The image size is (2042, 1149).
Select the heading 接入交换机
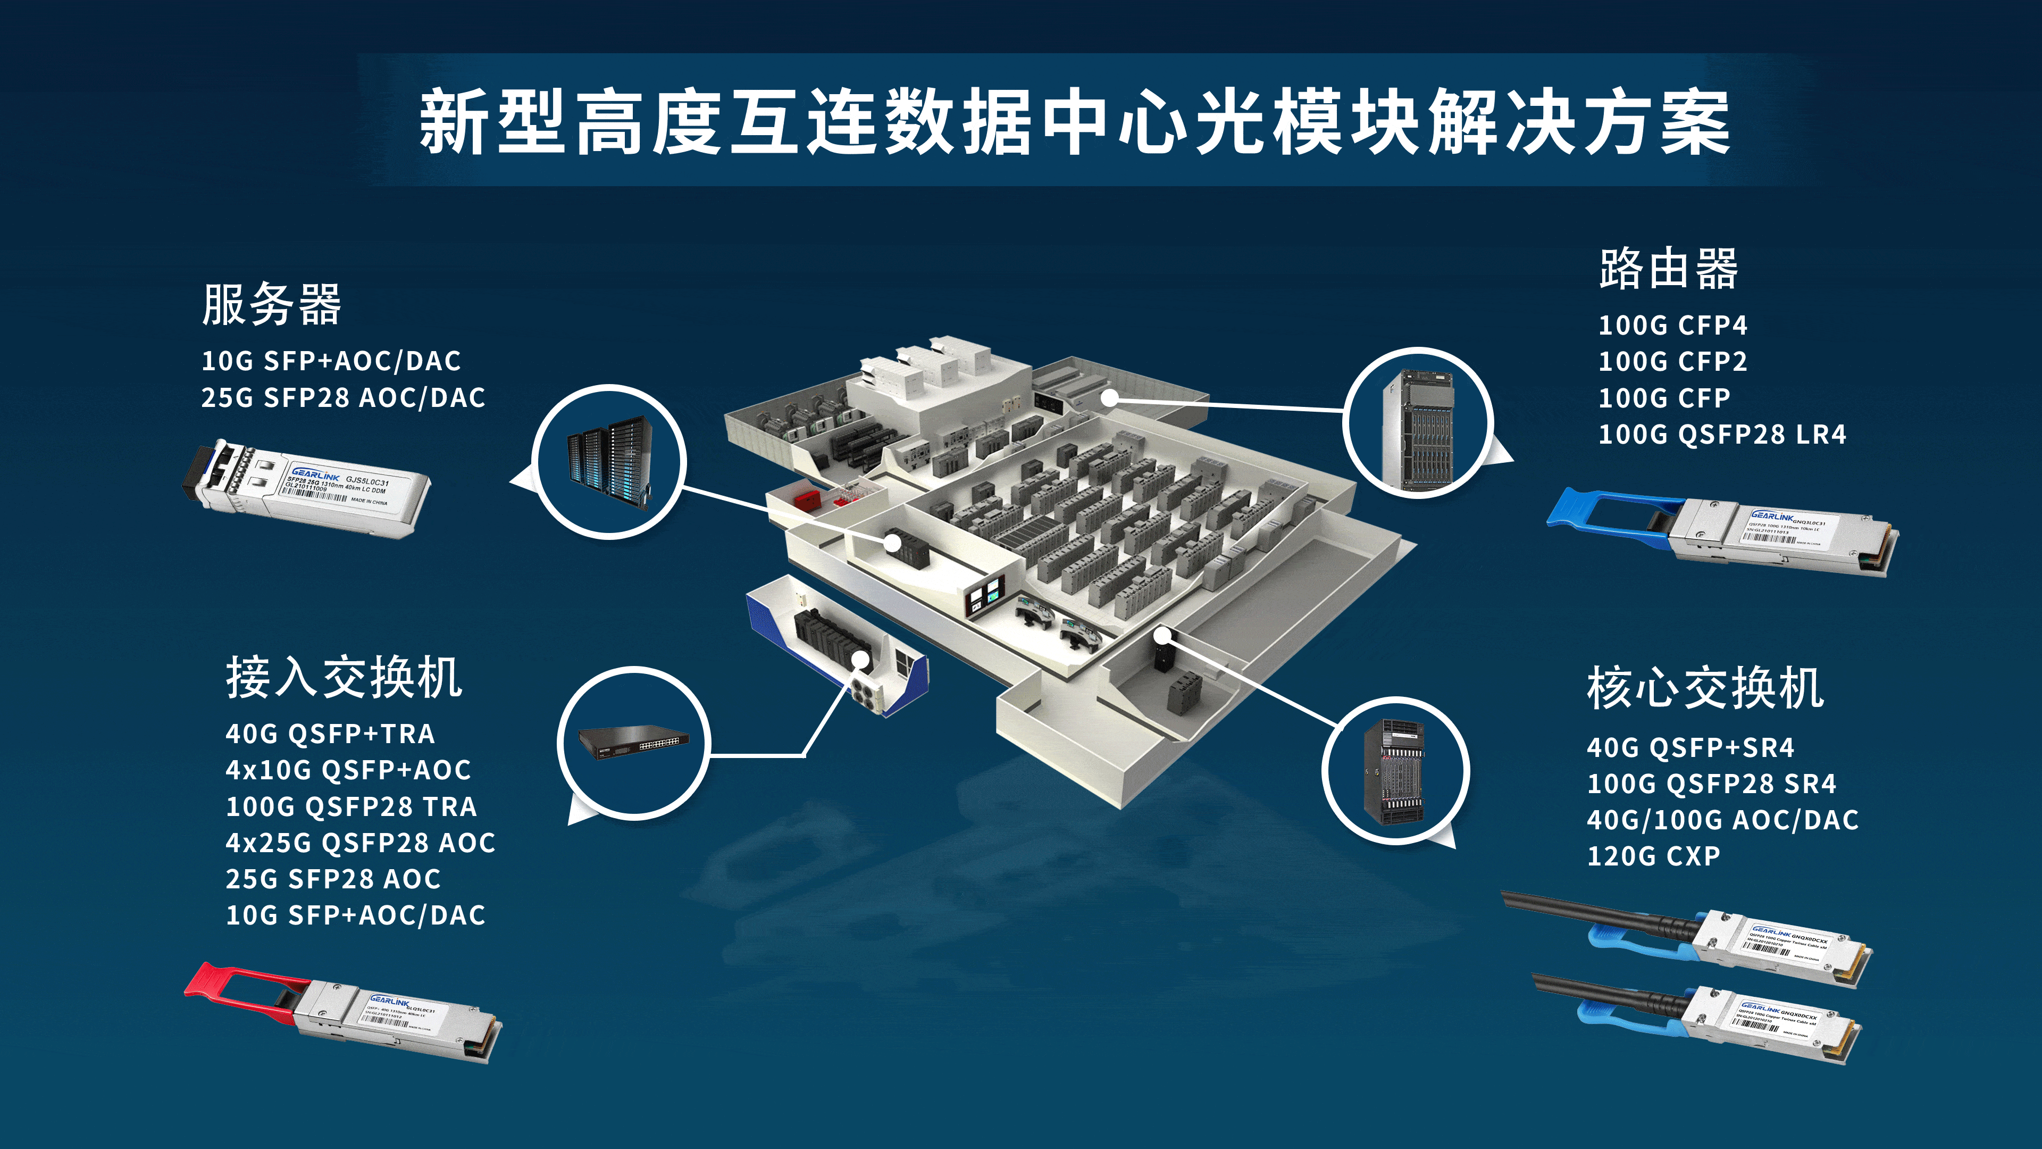[x=343, y=679]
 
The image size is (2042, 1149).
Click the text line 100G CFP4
[x=1672, y=325]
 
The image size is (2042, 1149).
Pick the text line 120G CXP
[x=1653, y=856]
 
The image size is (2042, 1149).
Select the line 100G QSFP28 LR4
[x=1722, y=435]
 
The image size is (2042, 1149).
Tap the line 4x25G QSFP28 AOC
[x=360, y=843]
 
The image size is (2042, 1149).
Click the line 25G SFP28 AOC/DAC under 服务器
[x=342, y=397]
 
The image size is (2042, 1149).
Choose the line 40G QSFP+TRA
[x=330, y=734]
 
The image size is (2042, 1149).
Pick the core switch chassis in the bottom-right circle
[x=1394, y=771]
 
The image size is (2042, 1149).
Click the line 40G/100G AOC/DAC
[x=1722, y=820]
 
